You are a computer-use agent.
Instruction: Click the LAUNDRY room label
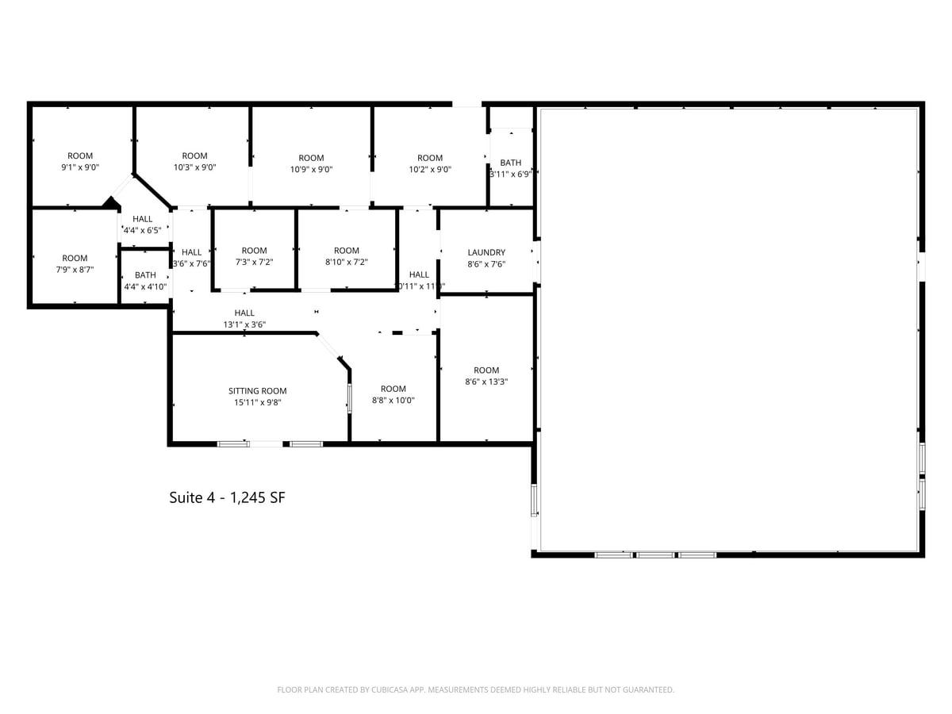[x=486, y=253]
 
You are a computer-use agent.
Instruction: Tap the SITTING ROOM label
[x=257, y=391]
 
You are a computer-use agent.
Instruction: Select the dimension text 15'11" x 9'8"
[x=257, y=402]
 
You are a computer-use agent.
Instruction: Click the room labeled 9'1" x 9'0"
[x=80, y=162]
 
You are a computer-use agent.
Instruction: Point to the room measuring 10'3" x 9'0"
[x=194, y=162]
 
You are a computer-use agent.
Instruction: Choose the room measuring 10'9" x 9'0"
[x=311, y=163]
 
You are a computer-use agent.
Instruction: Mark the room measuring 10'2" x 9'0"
[x=430, y=163]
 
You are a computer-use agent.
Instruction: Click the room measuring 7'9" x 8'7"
[x=75, y=263]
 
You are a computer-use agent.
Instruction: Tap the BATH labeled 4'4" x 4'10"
[x=145, y=281]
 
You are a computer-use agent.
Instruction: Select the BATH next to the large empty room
[x=511, y=168]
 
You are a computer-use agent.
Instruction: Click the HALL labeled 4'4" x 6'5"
[x=143, y=225]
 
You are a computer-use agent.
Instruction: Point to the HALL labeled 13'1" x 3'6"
[x=244, y=318]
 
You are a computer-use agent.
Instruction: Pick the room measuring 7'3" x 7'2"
[x=255, y=256]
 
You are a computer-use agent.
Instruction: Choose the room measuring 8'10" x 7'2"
[x=347, y=256]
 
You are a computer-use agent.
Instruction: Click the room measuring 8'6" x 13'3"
[x=486, y=375]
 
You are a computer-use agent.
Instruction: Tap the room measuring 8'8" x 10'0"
[x=393, y=394]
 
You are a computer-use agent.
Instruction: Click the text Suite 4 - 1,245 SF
[x=227, y=497]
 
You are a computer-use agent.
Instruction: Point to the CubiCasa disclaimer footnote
[x=475, y=690]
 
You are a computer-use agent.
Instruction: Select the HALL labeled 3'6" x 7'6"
[x=191, y=258]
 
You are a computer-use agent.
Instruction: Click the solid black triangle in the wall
[x=109, y=203]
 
